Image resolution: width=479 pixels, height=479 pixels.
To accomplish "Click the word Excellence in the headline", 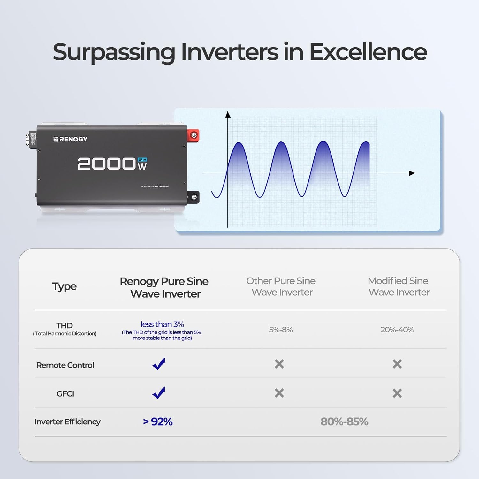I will pos(368,52).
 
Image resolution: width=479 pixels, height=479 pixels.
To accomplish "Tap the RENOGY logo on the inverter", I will pos(70,139).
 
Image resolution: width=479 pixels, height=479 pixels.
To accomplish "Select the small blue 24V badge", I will pos(142,159).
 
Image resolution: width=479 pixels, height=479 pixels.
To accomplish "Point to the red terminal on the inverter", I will pos(194,136).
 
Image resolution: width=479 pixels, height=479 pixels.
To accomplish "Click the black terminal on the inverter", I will pos(194,197).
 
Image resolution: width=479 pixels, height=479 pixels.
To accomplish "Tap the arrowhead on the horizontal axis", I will pos(412,173).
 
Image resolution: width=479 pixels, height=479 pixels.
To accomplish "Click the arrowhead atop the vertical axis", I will pos(228,114).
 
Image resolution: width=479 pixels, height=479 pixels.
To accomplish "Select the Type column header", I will pos(64,286).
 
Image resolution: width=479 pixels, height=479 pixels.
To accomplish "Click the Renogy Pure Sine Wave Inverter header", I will pos(164,287).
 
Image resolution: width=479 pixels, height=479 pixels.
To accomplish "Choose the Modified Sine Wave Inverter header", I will pos(398,286).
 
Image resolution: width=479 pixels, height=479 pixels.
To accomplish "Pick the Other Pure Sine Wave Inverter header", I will pos(281,286).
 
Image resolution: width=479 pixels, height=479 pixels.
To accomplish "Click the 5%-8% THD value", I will pos(281,330).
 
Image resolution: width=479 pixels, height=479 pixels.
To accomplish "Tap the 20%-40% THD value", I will pos(397,330).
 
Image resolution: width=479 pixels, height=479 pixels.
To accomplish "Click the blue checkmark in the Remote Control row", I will pos(159,364).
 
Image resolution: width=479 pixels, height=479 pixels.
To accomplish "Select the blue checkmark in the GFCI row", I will pos(159,393).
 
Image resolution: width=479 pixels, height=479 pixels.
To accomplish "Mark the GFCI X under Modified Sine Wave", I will pos(397,393).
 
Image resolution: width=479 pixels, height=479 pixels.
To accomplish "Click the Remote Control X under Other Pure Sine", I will pos(279,364).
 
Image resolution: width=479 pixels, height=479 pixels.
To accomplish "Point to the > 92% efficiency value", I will pos(158,422).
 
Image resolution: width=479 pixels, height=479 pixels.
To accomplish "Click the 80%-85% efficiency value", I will pos(344,422).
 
